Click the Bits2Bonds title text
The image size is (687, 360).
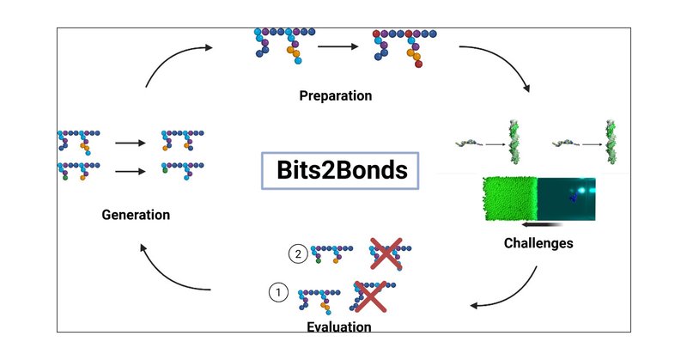coord(341,170)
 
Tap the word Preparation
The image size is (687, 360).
coord(336,95)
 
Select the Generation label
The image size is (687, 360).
coord(135,214)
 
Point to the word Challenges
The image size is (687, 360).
coord(538,243)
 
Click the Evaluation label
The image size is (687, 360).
coord(339,326)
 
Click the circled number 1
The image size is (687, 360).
coord(277,293)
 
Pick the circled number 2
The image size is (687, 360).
coord(298,253)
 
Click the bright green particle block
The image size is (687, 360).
coord(509,199)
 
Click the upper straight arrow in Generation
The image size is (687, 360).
coord(130,143)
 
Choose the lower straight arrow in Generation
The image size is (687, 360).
coord(130,171)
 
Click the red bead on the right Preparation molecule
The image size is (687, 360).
coord(418,64)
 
